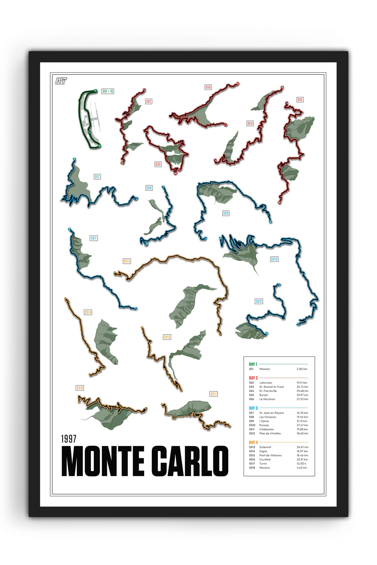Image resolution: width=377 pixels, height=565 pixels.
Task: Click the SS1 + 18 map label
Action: coord(108,91)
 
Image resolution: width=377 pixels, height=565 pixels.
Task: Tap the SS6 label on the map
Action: coord(208,87)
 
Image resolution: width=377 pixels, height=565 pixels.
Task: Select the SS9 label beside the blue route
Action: coord(226,213)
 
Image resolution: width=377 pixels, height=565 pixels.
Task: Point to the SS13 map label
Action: coord(127,261)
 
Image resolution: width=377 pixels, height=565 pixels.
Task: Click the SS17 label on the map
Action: coord(214,394)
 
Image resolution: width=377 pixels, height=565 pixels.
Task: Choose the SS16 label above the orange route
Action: coord(80,388)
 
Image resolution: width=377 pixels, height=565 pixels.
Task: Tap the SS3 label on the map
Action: coord(158,164)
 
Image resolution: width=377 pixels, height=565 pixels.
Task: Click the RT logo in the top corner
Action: coord(61,81)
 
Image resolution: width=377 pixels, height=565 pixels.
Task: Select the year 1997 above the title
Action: coord(69,439)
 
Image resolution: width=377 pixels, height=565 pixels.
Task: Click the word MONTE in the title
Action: coord(103,461)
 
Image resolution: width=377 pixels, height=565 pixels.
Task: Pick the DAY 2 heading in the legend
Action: coord(253,378)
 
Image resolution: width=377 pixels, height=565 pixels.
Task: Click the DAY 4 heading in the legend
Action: coord(253,442)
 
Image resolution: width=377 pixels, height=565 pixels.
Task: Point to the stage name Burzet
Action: coord(264,395)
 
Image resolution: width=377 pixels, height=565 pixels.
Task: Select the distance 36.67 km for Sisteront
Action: coord(302,447)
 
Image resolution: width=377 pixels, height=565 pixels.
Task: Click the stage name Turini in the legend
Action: coord(263,464)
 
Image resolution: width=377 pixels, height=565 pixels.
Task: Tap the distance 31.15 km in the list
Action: coord(302,421)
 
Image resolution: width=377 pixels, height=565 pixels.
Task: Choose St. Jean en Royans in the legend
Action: coord(272,413)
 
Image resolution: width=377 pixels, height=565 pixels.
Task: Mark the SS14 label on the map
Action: coord(88,312)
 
